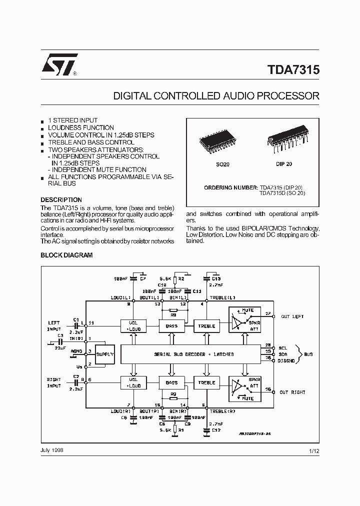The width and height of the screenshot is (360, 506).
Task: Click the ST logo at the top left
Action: [59, 65]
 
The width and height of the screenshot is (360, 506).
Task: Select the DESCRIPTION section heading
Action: [61, 199]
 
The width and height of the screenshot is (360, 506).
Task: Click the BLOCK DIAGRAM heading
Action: [66, 255]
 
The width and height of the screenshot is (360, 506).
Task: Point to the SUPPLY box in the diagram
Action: [104, 354]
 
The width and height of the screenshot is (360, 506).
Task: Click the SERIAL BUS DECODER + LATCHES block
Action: [193, 354]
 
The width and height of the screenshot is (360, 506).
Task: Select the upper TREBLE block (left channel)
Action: [206, 326]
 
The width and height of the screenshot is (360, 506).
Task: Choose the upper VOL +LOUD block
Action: [133, 326]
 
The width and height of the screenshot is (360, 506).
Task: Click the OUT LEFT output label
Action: [292, 316]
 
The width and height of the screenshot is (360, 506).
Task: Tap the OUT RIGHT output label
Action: [293, 392]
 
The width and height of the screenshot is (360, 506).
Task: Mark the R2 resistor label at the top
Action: [181, 278]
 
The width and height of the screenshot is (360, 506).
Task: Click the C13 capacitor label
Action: [216, 278]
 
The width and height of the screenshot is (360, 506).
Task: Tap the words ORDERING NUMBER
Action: [231, 187]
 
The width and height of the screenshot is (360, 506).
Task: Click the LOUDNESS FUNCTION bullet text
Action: [81, 128]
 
